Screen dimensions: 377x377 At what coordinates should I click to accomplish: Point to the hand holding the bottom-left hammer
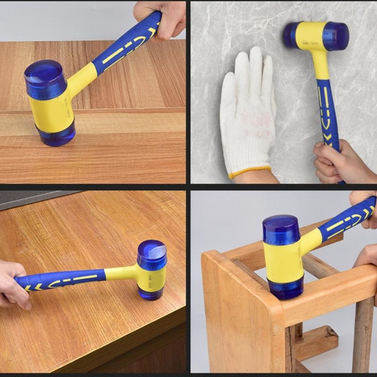(x=12, y=285)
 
